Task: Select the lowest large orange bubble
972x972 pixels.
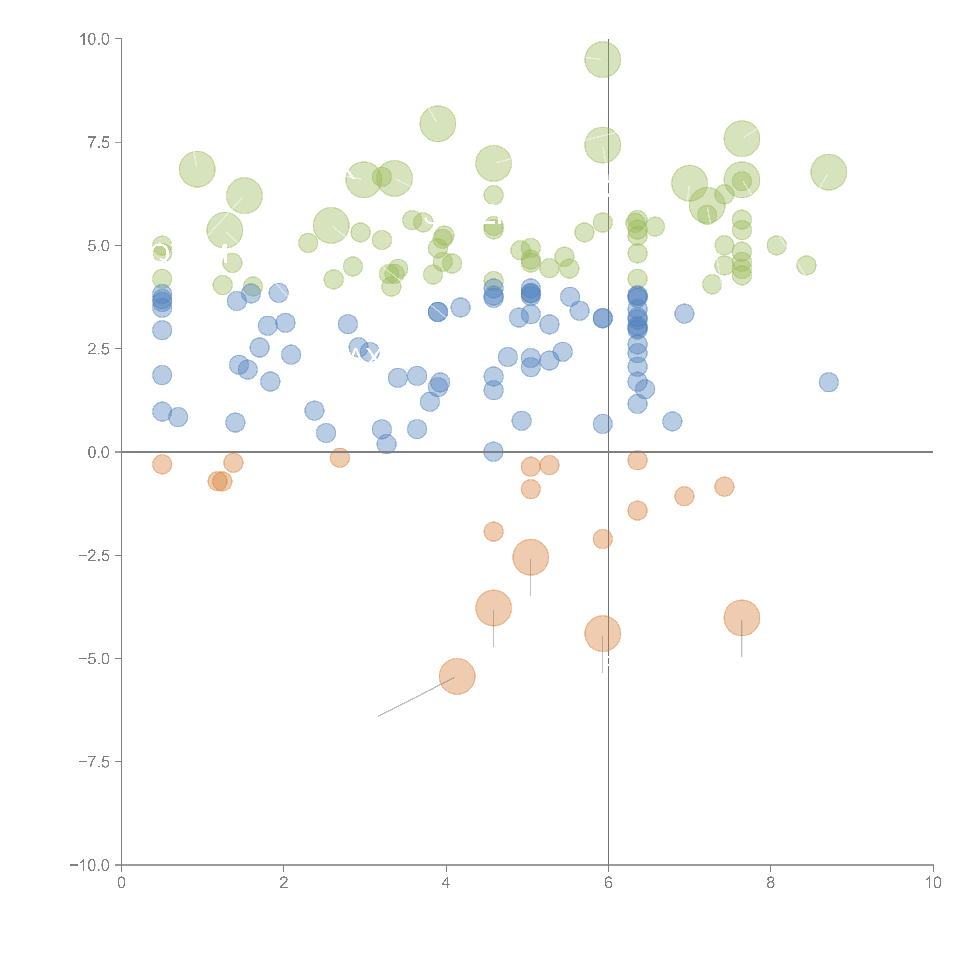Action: click(x=457, y=676)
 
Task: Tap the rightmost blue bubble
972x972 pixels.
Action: click(x=828, y=382)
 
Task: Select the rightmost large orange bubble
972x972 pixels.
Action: click(x=742, y=618)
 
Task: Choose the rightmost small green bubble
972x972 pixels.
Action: click(x=806, y=265)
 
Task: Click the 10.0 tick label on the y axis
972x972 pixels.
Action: click(x=95, y=39)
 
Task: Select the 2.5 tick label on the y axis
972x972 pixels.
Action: click(x=99, y=349)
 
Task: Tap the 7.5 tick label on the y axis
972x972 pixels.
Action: click(x=99, y=142)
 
